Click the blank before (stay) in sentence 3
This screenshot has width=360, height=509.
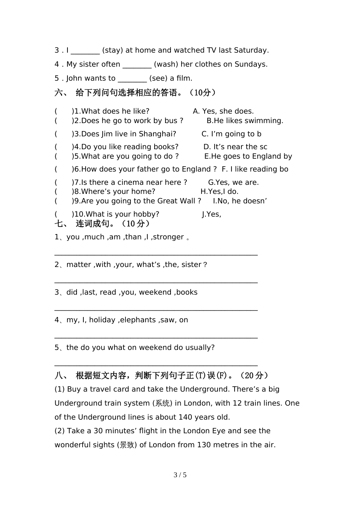[85, 51]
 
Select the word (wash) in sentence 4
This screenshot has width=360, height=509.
[166, 64]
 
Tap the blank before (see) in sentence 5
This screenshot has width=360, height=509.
[132, 79]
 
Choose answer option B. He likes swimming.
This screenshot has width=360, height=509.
[245, 121]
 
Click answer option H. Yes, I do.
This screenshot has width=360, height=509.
[219, 192]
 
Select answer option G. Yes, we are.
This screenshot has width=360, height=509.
[233, 183]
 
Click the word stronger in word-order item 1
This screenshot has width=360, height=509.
[168, 237]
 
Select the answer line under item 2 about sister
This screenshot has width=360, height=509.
[156, 282]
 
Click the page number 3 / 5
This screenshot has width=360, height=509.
[180, 475]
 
